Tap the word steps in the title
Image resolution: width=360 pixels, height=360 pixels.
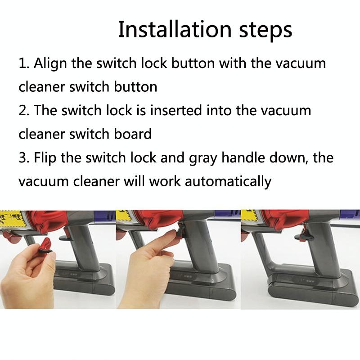(x=263, y=31)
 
